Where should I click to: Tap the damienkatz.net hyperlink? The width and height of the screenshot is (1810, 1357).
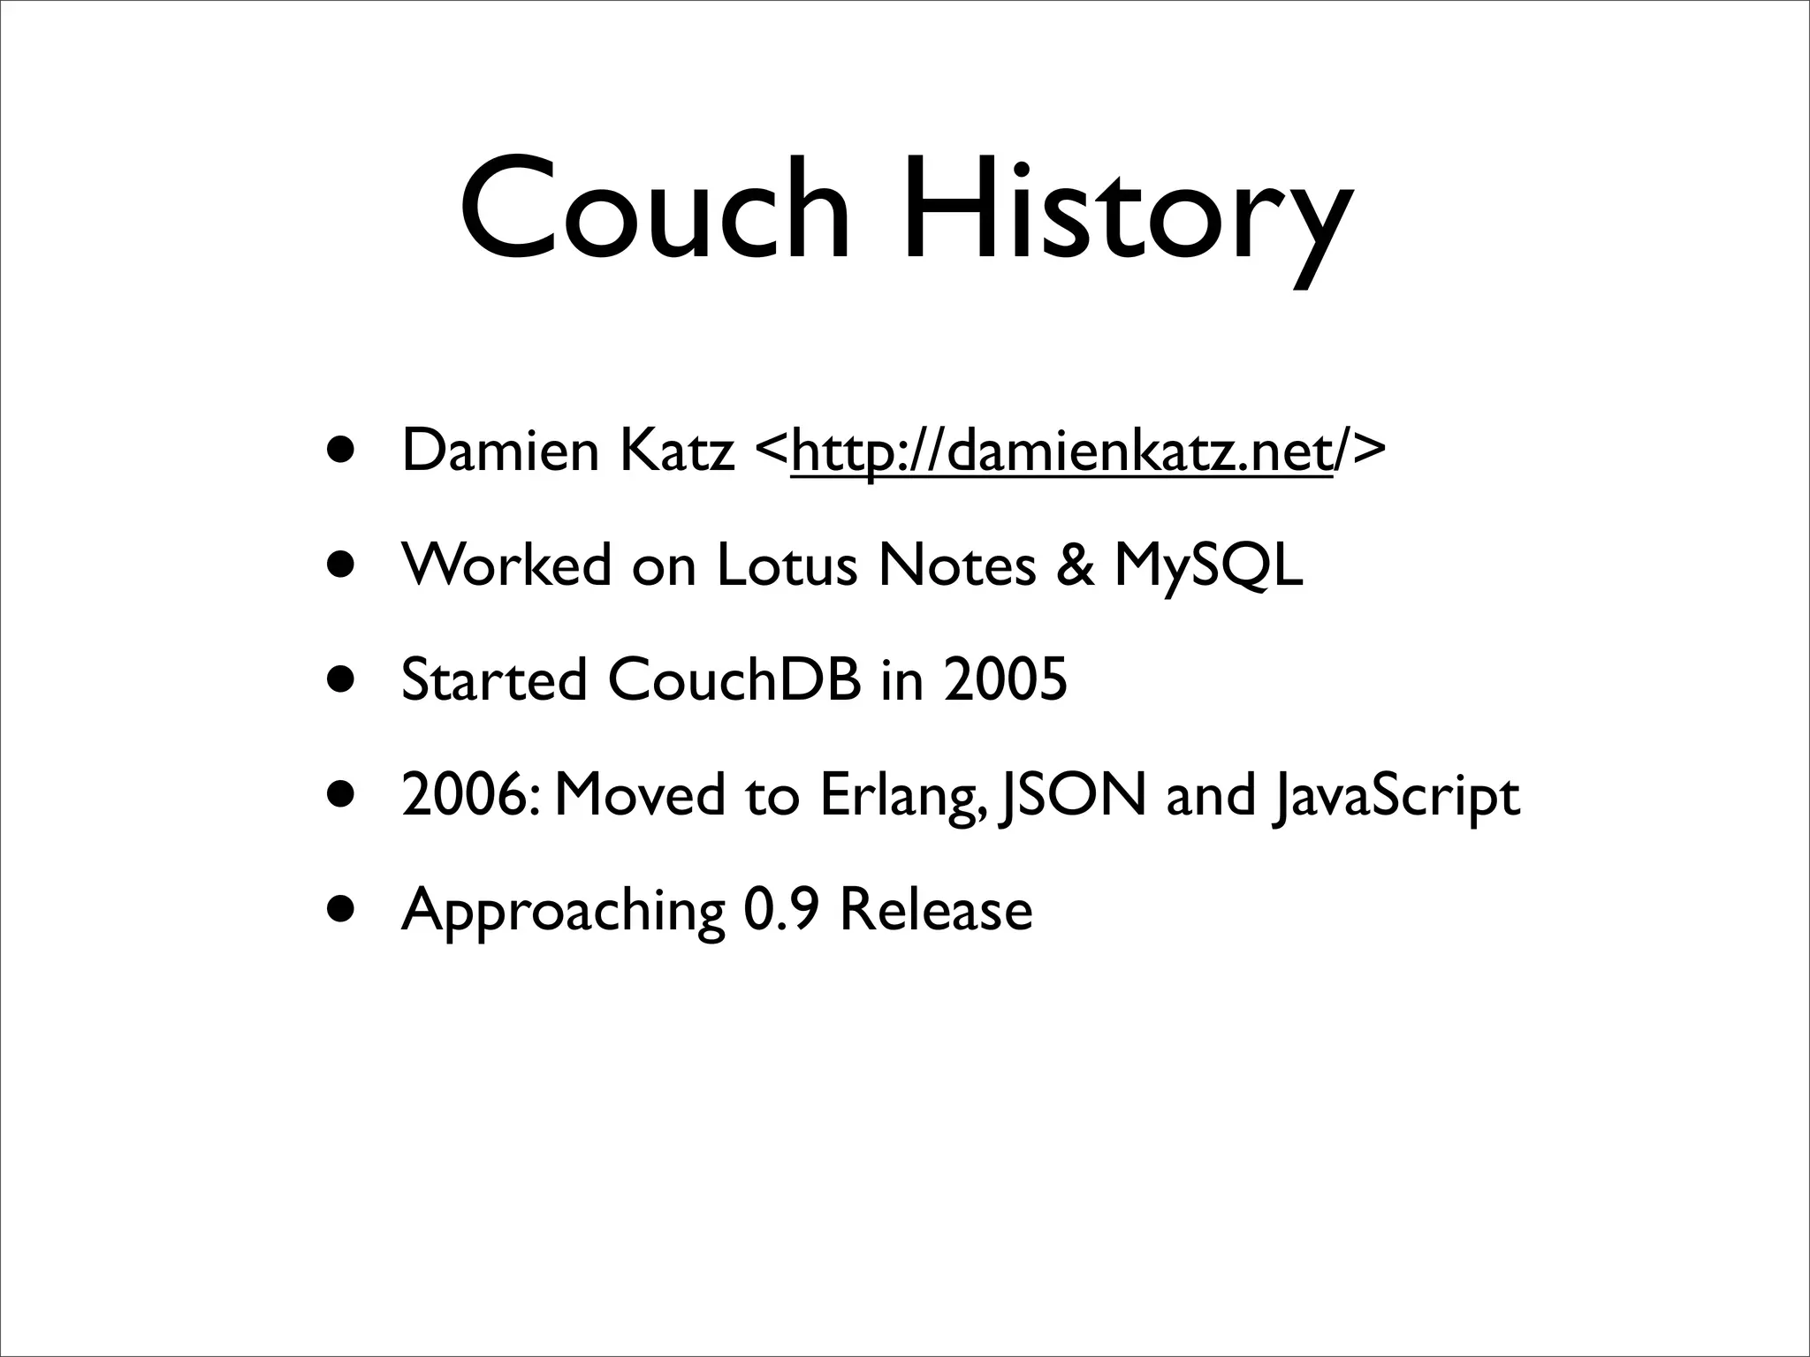pyautogui.click(x=1061, y=451)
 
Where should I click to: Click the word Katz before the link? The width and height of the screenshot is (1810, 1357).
pyautogui.click(x=677, y=450)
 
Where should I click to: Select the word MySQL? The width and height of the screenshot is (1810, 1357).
pyautogui.click(x=1208, y=566)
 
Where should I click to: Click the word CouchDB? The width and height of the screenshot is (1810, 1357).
pyautogui.click(x=734, y=679)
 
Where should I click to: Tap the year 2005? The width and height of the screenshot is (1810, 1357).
pyautogui.click(x=1005, y=679)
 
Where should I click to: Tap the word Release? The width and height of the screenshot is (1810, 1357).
pyautogui.click(x=936, y=909)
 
